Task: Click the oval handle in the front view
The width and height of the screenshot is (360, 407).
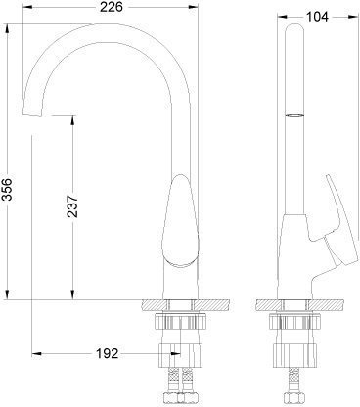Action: coord(181,222)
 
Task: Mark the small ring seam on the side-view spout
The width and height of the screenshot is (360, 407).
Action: coord(291,115)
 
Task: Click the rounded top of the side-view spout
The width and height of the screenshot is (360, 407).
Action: coord(291,30)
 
